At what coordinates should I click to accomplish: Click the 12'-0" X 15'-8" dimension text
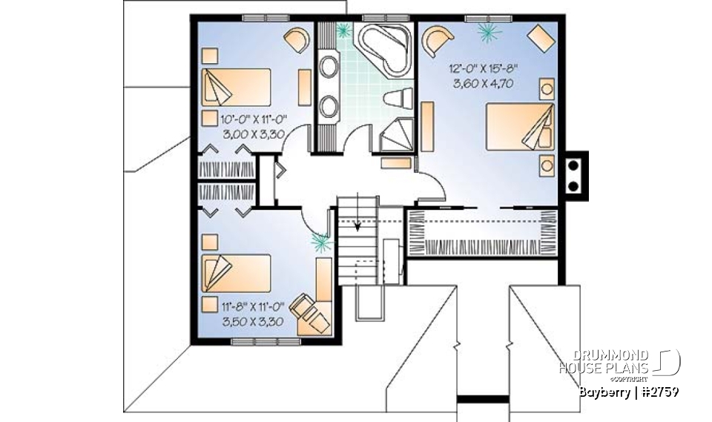click(x=483, y=68)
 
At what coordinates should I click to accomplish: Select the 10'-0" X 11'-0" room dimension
click(x=253, y=119)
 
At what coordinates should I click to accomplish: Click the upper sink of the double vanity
click(x=328, y=67)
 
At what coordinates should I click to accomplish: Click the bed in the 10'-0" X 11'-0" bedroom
click(x=237, y=87)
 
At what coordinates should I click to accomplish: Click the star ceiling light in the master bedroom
click(x=487, y=31)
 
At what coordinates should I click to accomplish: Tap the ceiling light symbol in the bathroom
click(x=343, y=30)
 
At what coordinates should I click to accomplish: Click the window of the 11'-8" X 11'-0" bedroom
click(x=256, y=341)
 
